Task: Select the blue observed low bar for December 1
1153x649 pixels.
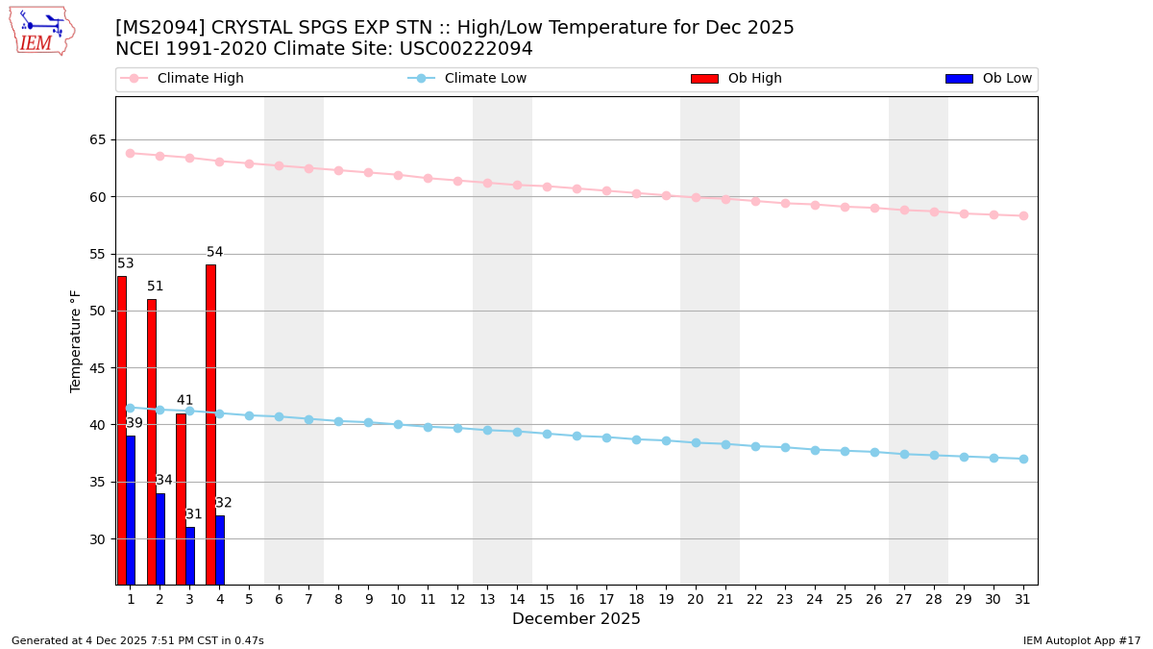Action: pos(131,510)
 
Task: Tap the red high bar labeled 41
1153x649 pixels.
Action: pos(181,498)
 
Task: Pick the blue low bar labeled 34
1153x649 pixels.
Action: pos(160,538)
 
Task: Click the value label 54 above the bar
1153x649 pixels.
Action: pos(215,253)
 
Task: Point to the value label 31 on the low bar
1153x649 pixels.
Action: pos(194,514)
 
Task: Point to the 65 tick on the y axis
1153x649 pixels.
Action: pos(99,140)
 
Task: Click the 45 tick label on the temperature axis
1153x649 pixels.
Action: pos(99,368)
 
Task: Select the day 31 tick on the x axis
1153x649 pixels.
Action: pos(1023,599)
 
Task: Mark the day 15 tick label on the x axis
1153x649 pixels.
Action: pos(547,599)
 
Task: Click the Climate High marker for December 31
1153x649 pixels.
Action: pos(1023,215)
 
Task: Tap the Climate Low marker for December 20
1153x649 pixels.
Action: pos(696,442)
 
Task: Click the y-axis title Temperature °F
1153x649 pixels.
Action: pos(77,340)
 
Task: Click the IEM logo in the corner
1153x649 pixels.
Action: pos(41,31)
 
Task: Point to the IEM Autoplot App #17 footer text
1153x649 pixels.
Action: pos(1082,640)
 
